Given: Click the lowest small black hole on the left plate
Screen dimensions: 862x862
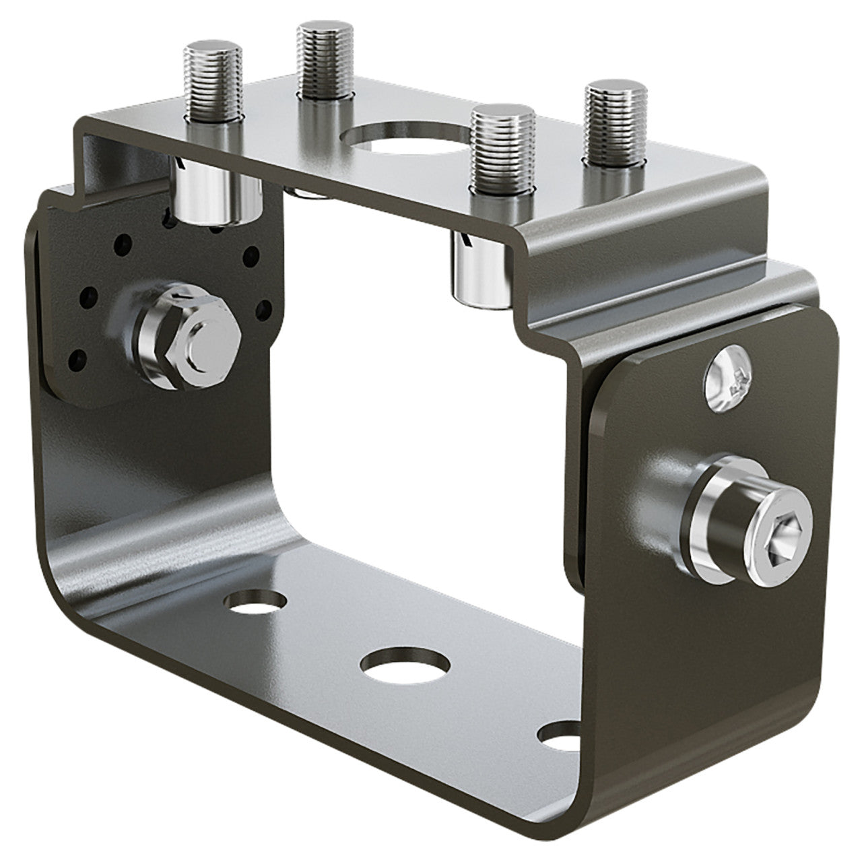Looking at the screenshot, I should (84, 356).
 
